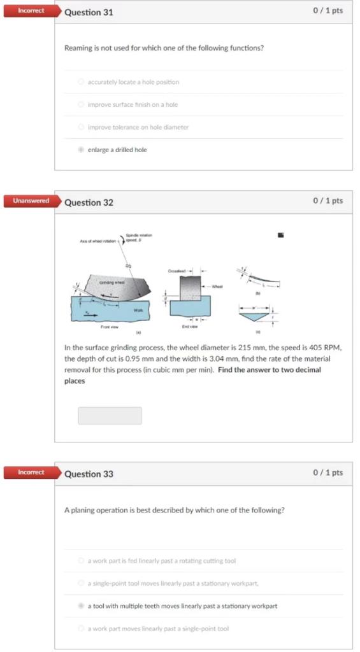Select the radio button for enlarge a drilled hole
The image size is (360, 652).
[x=80, y=150]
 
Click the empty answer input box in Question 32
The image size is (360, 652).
[x=110, y=416]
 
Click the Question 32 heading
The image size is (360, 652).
[x=89, y=202]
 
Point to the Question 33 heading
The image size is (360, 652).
[x=89, y=474]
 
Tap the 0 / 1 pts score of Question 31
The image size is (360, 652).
[x=328, y=11]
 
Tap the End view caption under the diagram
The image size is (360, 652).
[x=189, y=326]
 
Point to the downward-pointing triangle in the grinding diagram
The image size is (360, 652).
[x=253, y=317]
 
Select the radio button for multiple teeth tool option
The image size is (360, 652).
[x=80, y=606]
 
